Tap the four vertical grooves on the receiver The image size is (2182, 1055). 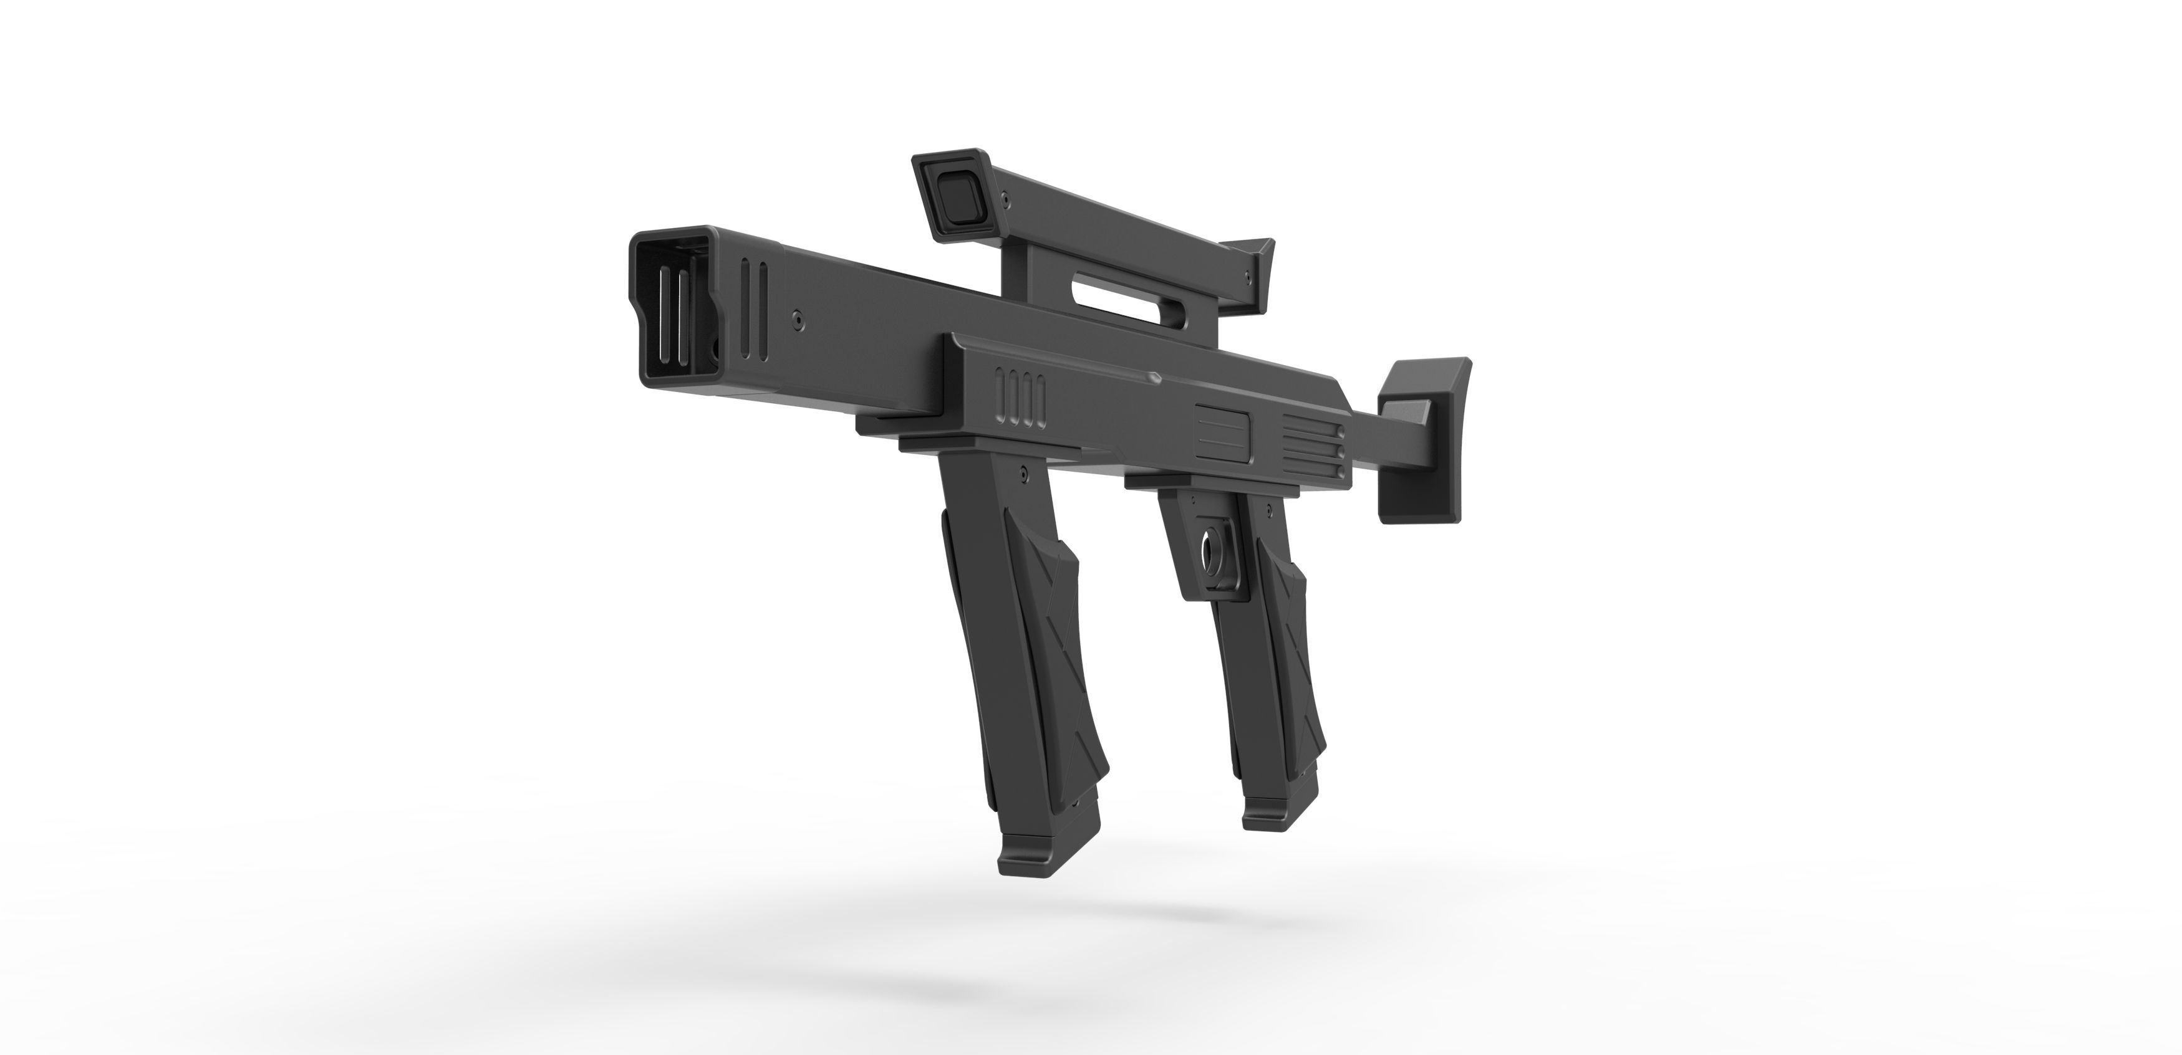(1022, 396)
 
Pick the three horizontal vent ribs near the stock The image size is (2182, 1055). (1312, 446)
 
